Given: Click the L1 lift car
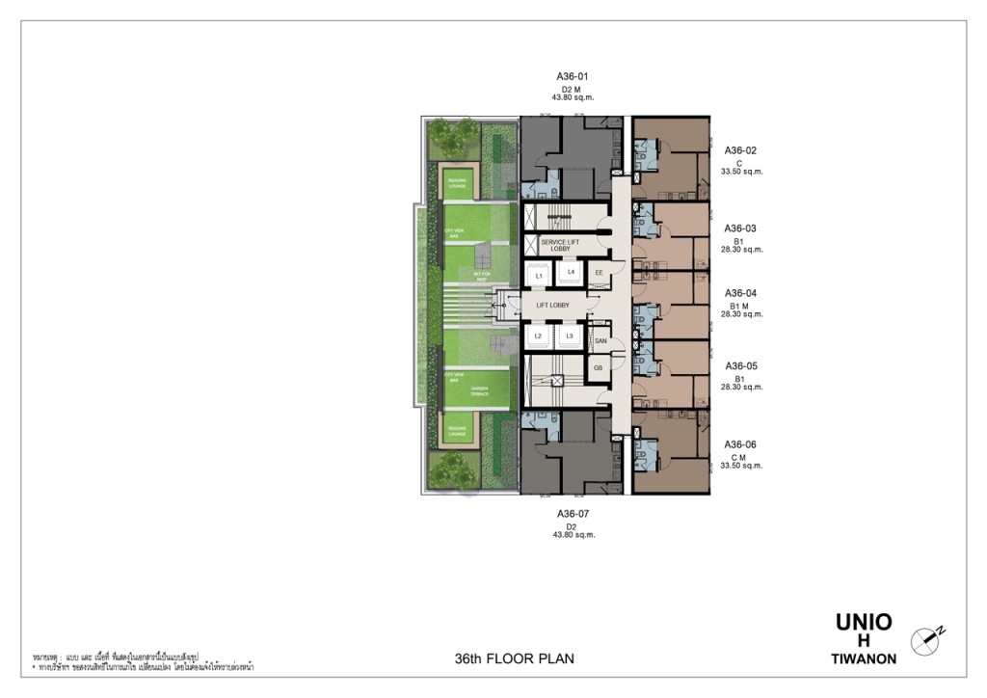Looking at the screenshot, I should point(540,277).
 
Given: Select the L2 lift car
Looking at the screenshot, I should point(540,336).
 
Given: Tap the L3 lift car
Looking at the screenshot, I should point(571,336).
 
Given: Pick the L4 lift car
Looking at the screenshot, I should point(572,273).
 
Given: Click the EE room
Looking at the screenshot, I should point(599,274).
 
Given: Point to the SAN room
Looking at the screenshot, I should point(599,340).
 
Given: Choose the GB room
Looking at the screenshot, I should point(599,367).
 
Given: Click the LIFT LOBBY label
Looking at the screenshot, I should point(553,306).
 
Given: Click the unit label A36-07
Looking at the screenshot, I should point(572,514).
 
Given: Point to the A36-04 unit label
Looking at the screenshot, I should point(740,293).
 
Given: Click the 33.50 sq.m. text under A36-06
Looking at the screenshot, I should point(741,466).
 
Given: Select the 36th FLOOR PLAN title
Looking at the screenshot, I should point(514,659).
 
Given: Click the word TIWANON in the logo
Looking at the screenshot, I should point(864,659).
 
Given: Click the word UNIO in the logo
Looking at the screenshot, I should point(864,622).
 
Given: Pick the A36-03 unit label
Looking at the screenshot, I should point(740,228).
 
